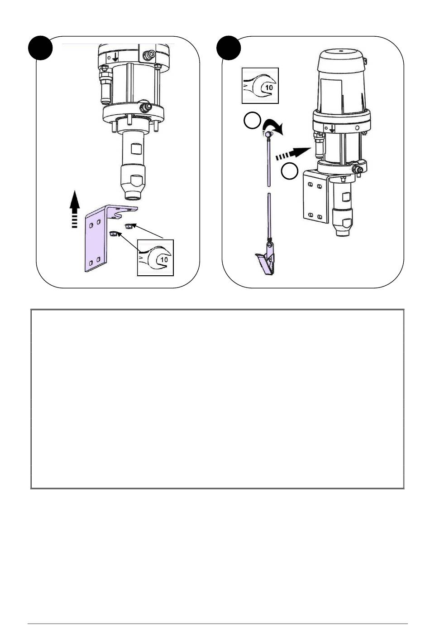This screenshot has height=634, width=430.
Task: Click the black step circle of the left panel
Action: tap(40, 48)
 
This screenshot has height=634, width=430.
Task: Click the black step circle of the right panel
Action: tap(229, 48)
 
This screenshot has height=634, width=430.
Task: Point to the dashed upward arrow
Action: tap(75, 209)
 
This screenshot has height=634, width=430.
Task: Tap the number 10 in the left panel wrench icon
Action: tap(164, 259)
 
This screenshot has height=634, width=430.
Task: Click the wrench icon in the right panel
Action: tap(260, 86)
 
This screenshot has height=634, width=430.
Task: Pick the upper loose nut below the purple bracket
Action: tap(129, 226)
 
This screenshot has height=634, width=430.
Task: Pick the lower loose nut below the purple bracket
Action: tap(113, 234)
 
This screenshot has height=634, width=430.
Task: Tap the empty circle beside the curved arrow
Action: tap(252, 120)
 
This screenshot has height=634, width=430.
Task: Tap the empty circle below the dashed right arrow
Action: tap(290, 171)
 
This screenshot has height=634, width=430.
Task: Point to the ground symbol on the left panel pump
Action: tap(115, 58)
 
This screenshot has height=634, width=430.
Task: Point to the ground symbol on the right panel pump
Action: tap(332, 128)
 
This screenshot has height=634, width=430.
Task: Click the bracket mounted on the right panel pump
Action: tap(316, 195)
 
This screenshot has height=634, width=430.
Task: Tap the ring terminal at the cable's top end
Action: tap(268, 134)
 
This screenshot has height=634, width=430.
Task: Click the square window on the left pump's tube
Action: tap(136, 149)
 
